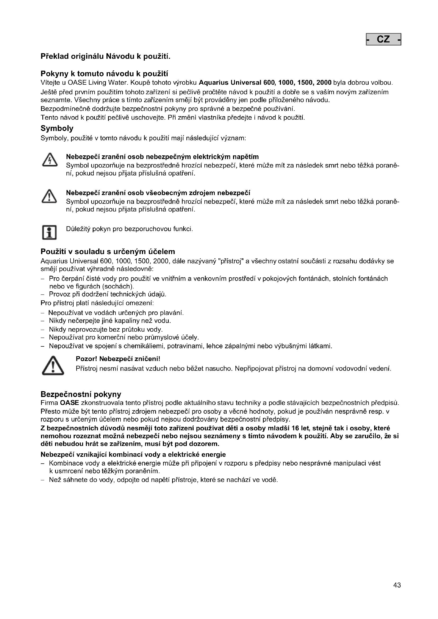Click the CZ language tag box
click(x=383, y=39)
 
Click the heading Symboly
click(x=57, y=128)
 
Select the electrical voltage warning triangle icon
click(x=49, y=160)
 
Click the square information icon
click(x=49, y=232)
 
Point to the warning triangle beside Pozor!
click(x=53, y=365)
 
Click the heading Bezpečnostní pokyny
click(x=81, y=394)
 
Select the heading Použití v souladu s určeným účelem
click(x=108, y=251)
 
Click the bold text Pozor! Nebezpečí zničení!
click(x=118, y=359)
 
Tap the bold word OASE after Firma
click(x=69, y=403)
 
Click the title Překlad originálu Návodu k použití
click(x=105, y=56)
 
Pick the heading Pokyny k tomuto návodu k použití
click(x=104, y=74)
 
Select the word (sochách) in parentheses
click(x=116, y=286)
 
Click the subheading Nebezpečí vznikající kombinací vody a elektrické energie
click(x=133, y=455)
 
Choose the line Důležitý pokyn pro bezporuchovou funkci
click(x=129, y=229)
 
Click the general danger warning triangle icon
click(x=49, y=196)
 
